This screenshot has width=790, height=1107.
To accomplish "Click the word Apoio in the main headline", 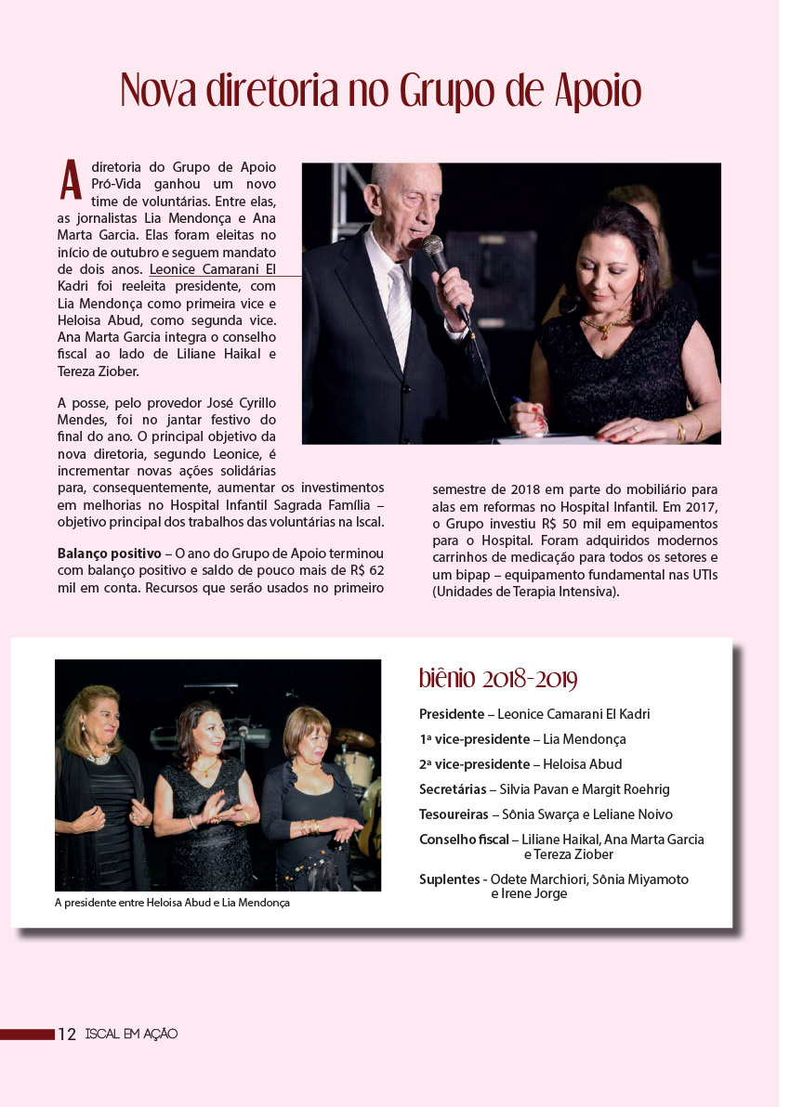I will [598, 93].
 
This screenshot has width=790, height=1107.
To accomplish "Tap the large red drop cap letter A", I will [71, 180].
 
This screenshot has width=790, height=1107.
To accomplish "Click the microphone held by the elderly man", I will [434, 248].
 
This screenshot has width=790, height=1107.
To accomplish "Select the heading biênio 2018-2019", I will [498, 679].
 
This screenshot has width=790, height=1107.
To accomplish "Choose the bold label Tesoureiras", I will [454, 814].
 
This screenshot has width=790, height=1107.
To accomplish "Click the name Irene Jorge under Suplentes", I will [529, 893].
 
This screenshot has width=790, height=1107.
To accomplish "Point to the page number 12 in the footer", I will [67, 1034].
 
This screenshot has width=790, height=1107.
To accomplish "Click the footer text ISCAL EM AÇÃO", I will [130, 1034].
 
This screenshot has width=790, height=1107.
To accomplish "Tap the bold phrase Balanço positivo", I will [109, 553].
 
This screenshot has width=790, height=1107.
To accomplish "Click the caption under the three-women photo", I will [172, 903].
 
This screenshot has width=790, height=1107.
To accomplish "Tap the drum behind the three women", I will [356, 763].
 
